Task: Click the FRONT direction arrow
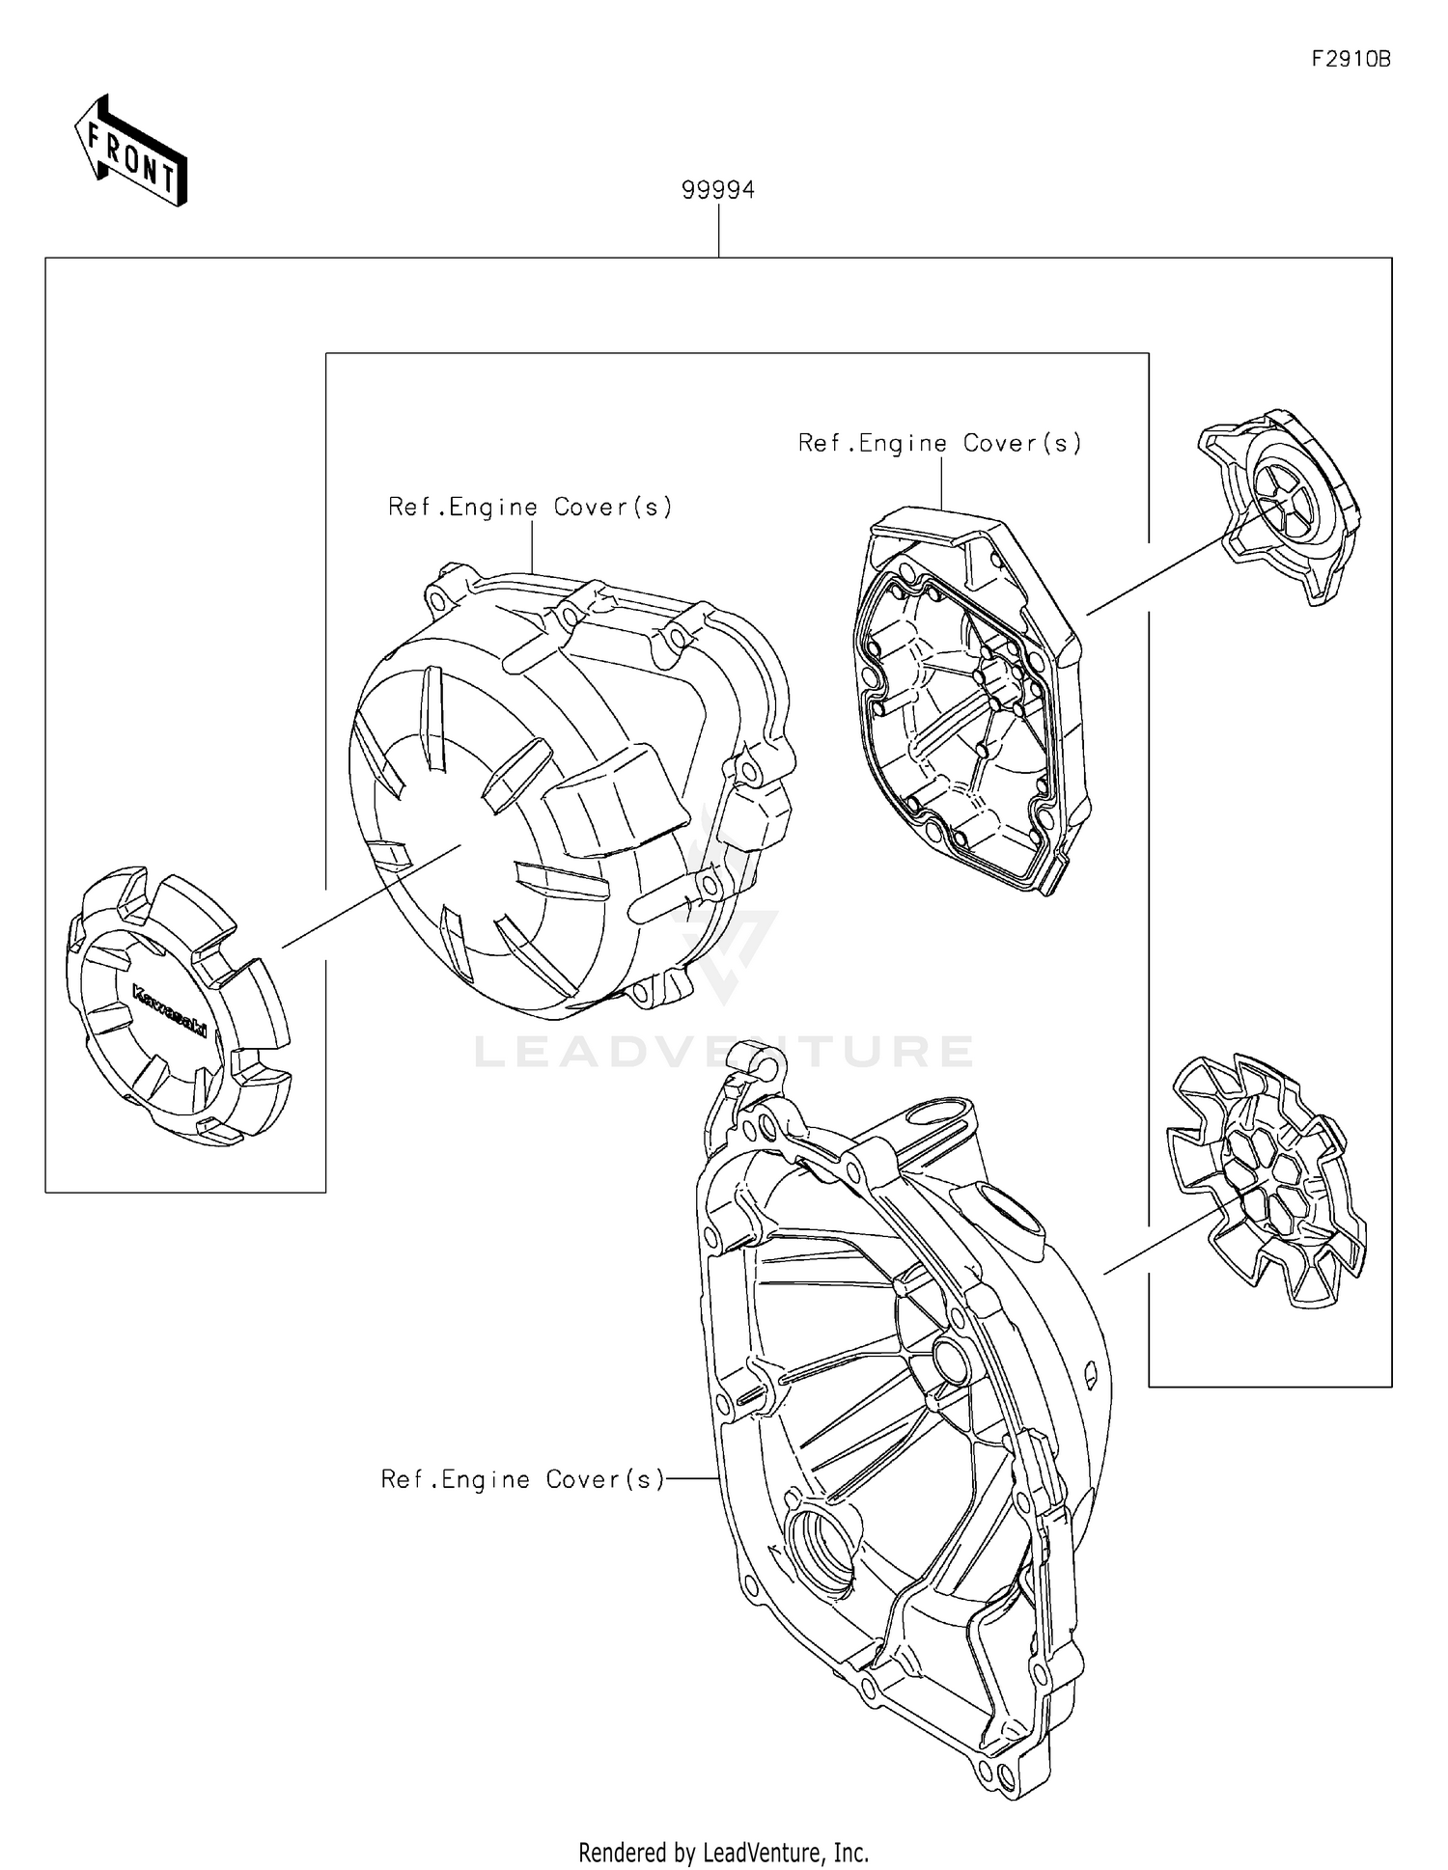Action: point(131,152)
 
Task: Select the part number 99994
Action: point(718,190)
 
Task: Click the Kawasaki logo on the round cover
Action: point(169,1011)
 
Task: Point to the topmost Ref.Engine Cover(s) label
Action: point(939,443)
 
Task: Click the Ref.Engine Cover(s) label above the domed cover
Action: point(530,507)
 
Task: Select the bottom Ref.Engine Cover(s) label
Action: point(523,1479)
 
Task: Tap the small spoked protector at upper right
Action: point(1279,505)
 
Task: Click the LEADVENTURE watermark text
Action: point(723,1052)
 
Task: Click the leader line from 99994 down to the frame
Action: point(718,231)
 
